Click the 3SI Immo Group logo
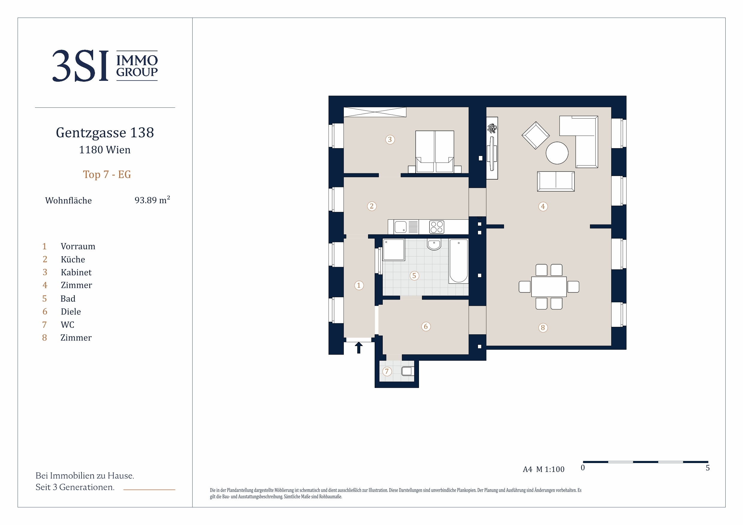click(105, 66)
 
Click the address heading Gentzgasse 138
click(105, 133)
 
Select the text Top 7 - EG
click(107, 175)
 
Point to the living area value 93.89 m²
click(152, 200)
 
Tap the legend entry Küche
click(73, 260)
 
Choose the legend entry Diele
click(71, 312)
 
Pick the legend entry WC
click(67, 324)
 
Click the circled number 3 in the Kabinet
click(390, 139)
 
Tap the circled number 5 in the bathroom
click(414, 276)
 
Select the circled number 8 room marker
click(543, 328)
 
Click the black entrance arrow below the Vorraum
click(358, 348)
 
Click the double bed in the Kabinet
click(435, 152)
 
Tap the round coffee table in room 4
click(557, 153)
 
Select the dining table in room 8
click(549, 287)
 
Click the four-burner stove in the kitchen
click(437, 227)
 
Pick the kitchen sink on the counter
click(401, 227)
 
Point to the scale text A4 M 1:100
click(543, 469)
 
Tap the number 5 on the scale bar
click(708, 468)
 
